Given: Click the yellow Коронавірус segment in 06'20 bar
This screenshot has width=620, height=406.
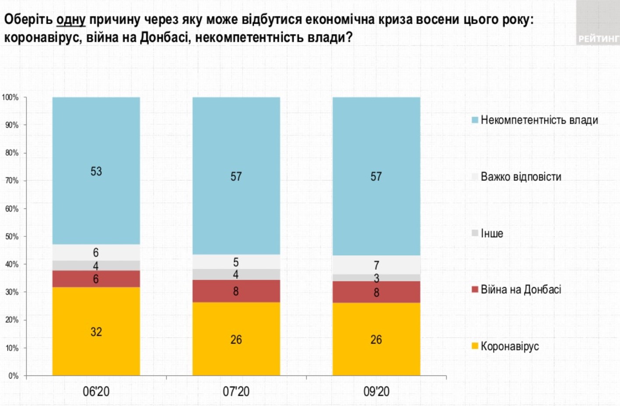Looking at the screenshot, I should pyautogui.click(x=96, y=331).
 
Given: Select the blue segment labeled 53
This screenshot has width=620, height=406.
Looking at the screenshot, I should pyautogui.click(x=96, y=171).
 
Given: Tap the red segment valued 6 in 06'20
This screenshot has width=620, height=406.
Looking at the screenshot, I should pyautogui.click(x=96, y=279).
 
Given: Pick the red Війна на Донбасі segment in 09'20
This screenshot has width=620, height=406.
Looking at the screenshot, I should pyautogui.click(x=376, y=292).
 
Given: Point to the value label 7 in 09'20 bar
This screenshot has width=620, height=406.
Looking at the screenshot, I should pyautogui.click(x=376, y=265).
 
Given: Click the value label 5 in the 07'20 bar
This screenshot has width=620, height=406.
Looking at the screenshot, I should pyautogui.click(x=236, y=262).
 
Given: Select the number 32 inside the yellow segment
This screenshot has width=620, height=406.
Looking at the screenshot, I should pyautogui.click(x=96, y=332).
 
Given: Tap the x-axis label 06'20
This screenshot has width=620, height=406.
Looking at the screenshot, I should pyautogui.click(x=96, y=391).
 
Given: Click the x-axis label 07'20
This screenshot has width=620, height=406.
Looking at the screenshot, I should pyautogui.click(x=236, y=391).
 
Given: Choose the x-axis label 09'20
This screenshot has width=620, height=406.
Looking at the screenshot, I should pyautogui.click(x=376, y=391).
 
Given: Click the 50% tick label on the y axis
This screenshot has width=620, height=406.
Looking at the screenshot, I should pyautogui.click(x=11, y=236).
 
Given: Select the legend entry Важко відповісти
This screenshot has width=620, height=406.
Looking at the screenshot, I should pyautogui.click(x=521, y=177).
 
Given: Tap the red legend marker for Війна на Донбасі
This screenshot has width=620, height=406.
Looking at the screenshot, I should pyautogui.click(x=475, y=289).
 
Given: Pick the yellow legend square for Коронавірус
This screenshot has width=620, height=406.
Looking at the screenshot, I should pyautogui.click(x=475, y=346).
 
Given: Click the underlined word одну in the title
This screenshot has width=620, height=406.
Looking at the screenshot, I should pyautogui.click(x=71, y=20).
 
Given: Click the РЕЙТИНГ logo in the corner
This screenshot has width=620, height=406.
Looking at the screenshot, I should pyautogui.click(x=598, y=38).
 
